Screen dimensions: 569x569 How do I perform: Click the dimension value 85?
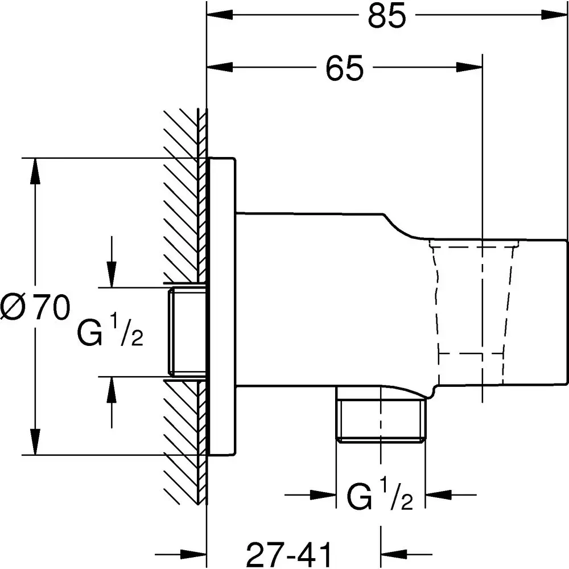point(387,17)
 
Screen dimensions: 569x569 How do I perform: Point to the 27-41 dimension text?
point(290,552)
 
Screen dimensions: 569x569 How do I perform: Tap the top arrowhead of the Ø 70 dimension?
point(36,171)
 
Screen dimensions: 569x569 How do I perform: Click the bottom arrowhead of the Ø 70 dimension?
point(36,441)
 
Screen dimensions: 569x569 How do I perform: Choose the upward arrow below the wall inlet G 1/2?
point(112,390)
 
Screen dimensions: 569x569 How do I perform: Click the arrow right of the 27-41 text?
point(395,552)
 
